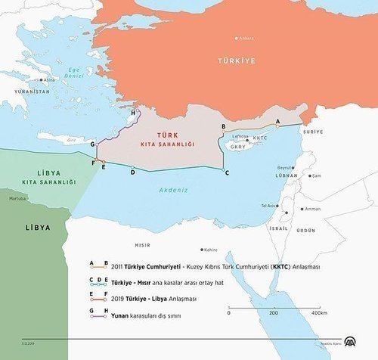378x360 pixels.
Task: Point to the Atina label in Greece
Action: coord(50,79)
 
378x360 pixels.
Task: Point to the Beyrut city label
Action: coord(285,168)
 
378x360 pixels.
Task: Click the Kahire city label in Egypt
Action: coord(210,250)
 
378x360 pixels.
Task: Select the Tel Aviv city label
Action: coord(268,205)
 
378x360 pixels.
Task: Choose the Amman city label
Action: coord(313,209)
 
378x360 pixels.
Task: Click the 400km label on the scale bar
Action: coord(318,312)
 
